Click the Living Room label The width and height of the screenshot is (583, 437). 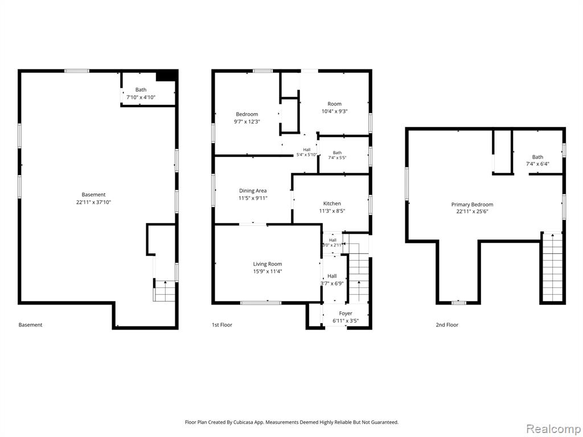pyautogui.click(x=268, y=264)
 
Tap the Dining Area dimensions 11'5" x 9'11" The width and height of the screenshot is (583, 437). pyautogui.click(x=253, y=198)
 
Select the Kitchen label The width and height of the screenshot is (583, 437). pyautogui.click(x=332, y=204)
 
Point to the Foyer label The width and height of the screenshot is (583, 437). pyautogui.click(x=346, y=314)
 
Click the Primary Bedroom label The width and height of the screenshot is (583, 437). pyautogui.click(x=472, y=205)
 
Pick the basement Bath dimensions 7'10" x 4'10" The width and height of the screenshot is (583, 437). pyautogui.click(x=141, y=97)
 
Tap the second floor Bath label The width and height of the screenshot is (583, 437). pyautogui.click(x=537, y=157)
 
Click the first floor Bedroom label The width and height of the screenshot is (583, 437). pyautogui.click(x=247, y=114)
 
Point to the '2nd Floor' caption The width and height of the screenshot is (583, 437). pyautogui.click(x=447, y=325)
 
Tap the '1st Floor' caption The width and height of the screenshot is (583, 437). pyautogui.click(x=222, y=325)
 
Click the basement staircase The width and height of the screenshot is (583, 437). pyautogui.click(x=165, y=291)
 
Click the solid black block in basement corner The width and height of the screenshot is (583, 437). pyautogui.click(x=166, y=76)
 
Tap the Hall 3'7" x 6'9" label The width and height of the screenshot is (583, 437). pyautogui.click(x=332, y=279)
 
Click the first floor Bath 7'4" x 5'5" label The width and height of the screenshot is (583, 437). pyautogui.click(x=337, y=155)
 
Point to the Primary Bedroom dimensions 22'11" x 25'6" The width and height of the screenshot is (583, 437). pyautogui.click(x=472, y=212)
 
